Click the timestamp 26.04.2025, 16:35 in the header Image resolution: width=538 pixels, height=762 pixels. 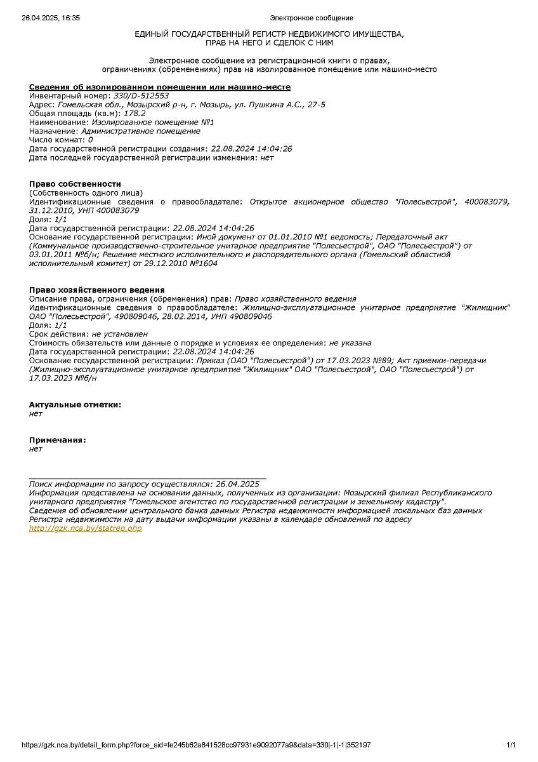[51, 18]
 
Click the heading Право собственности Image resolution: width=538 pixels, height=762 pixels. [75, 184]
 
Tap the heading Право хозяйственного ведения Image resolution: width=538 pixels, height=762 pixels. [97, 290]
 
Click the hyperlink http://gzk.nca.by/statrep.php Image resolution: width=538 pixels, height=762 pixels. [86, 528]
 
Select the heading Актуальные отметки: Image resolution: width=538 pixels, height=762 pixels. [75, 404]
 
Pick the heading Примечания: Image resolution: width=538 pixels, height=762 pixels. [58, 440]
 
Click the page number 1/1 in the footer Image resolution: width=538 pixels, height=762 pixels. [511, 745]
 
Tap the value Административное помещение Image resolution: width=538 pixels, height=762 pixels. [140, 131]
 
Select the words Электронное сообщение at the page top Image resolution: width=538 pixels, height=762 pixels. [312, 18]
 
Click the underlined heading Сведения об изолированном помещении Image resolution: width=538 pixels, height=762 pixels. [160, 87]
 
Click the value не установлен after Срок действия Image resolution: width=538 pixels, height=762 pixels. [119, 334]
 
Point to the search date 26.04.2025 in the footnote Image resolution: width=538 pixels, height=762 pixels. [237, 484]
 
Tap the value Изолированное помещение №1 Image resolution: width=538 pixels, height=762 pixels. [153, 123]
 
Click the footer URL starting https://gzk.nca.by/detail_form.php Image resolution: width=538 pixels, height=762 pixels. [196, 745]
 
